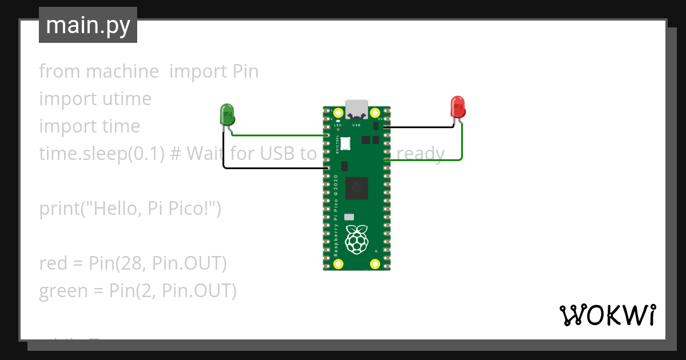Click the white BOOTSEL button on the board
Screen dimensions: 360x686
click(345, 143)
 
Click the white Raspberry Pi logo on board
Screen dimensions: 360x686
click(357, 239)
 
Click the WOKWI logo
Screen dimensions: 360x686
click(607, 315)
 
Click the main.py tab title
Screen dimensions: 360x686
click(88, 26)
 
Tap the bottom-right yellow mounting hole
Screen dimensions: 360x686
click(375, 263)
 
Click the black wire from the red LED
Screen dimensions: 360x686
click(423, 127)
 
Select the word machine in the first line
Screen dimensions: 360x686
click(122, 71)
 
